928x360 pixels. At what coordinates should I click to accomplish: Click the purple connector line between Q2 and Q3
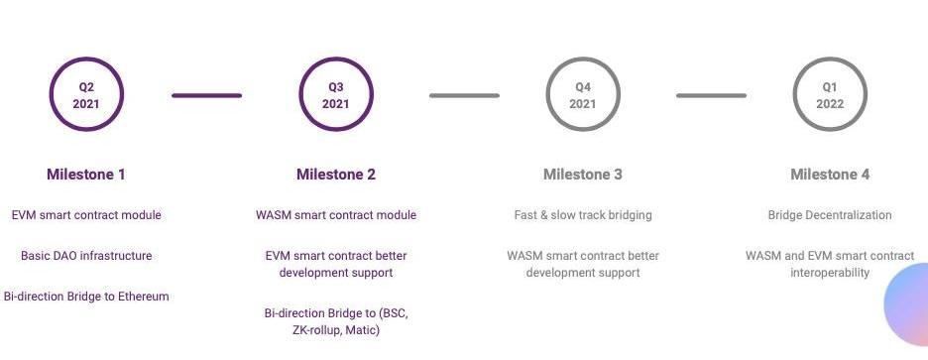click(206, 95)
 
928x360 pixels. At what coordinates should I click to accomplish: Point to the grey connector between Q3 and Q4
click(465, 95)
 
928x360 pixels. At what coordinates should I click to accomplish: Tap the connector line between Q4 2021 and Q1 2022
click(712, 95)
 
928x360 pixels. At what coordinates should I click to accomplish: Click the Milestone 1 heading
click(86, 175)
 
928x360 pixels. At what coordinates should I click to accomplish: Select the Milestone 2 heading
click(335, 175)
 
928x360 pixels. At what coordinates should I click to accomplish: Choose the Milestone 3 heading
click(583, 175)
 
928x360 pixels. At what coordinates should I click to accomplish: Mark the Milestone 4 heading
click(830, 175)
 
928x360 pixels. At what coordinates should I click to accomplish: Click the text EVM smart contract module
click(86, 215)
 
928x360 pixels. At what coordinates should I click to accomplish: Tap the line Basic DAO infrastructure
click(86, 256)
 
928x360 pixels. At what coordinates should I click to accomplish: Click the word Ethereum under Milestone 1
click(143, 297)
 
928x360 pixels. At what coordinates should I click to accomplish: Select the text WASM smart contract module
click(336, 215)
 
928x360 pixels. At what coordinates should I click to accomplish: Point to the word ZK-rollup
click(316, 330)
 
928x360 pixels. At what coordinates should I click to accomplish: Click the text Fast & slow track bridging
click(583, 215)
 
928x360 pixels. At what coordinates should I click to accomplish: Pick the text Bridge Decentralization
click(830, 215)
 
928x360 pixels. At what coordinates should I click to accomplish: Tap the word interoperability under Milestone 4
click(830, 273)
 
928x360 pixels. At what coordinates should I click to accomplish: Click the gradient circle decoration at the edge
click(908, 304)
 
